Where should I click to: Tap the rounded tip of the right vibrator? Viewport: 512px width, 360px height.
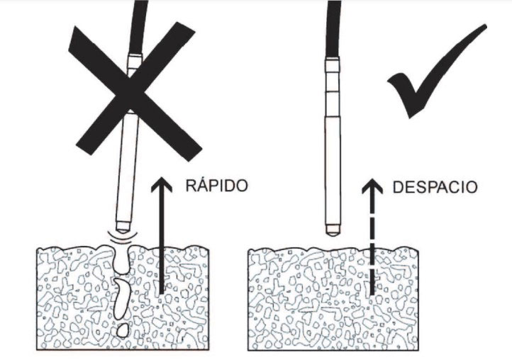pos(332,230)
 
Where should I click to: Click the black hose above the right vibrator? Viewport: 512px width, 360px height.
pos(333,28)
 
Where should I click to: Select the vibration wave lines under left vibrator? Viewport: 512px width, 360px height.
pos(119,240)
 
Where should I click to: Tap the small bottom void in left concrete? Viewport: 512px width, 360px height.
pos(123,330)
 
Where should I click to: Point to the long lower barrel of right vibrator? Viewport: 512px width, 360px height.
pos(332,170)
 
